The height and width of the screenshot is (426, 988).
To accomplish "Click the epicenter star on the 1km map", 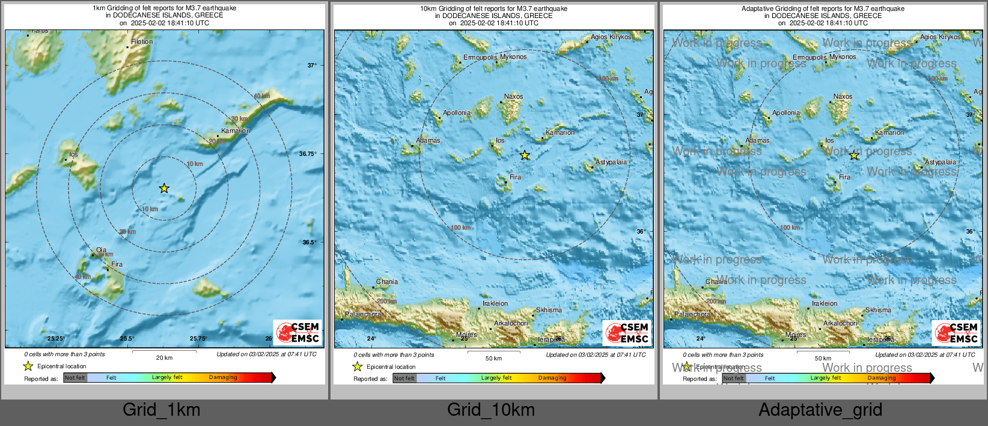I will pyautogui.click(x=164, y=188).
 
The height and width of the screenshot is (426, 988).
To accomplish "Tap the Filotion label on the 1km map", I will pyautogui.click(x=142, y=42).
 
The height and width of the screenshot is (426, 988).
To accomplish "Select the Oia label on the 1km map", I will pyautogui.click(x=101, y=250).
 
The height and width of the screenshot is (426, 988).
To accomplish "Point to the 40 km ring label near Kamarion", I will pyautogui.click(x=261, y=96).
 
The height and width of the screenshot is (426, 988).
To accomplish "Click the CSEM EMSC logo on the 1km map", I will pyautogui.click(x=298, y=332).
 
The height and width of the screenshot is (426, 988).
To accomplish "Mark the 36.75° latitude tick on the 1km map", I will pyautogui.click(x=308, y=154).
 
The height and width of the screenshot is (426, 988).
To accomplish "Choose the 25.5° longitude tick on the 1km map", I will pyautogui.click(x=127, y=339).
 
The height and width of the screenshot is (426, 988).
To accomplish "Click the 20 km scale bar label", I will pyautogui.click(x=164, y=358).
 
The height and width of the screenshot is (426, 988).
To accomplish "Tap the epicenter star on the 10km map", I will pyautogui.click(x=525, y=155).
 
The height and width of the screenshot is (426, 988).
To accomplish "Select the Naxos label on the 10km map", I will pyautogui.click(x=513, y=96).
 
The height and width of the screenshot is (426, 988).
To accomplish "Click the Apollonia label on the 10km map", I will pyautogui.click(x=457, y=113).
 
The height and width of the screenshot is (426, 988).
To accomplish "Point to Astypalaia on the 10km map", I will pyautogui.click(x=611, y=162).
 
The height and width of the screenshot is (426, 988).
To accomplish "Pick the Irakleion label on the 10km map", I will pyautogui.click(x=495, y=303).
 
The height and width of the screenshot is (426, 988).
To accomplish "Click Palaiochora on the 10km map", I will pyautogui.click(x=363, y=314).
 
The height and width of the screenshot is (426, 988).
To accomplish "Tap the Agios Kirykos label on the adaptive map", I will pyautogui.click(x=940, y=37).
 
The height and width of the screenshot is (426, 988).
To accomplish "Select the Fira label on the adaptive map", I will pyautogui.click(x=844, y=177).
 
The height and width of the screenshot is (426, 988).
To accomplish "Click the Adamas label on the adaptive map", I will pyautogui.click(x=757, y=140).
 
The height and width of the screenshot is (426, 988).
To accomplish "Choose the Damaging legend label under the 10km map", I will pyautogui.click(x=552, y=378).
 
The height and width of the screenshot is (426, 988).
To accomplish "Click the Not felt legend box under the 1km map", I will pyautogui.click(x=75, y=378).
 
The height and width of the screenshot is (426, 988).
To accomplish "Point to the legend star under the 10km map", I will pyautogui.click(x=358, y=366).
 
